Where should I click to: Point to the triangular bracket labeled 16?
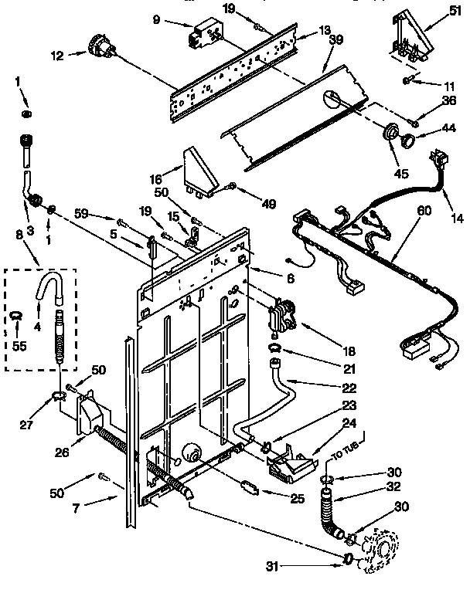click(x=198, y=168)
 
